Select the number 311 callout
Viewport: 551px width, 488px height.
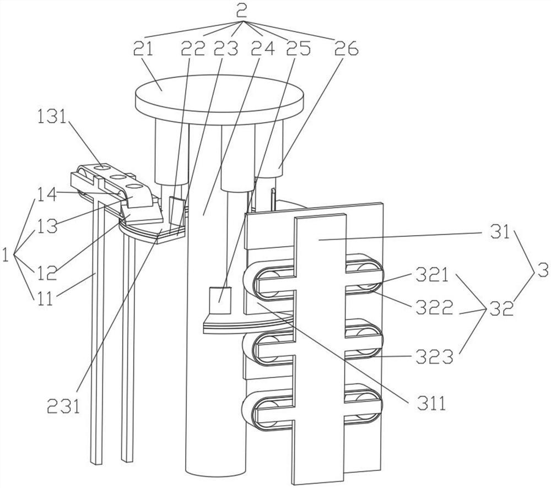431,404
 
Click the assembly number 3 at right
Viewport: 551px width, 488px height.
542,270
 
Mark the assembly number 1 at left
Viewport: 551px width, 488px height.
6,254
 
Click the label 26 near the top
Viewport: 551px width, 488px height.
346,48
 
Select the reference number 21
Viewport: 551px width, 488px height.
143,48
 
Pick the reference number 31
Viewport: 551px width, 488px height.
500,232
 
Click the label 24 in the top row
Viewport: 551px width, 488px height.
263,48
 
